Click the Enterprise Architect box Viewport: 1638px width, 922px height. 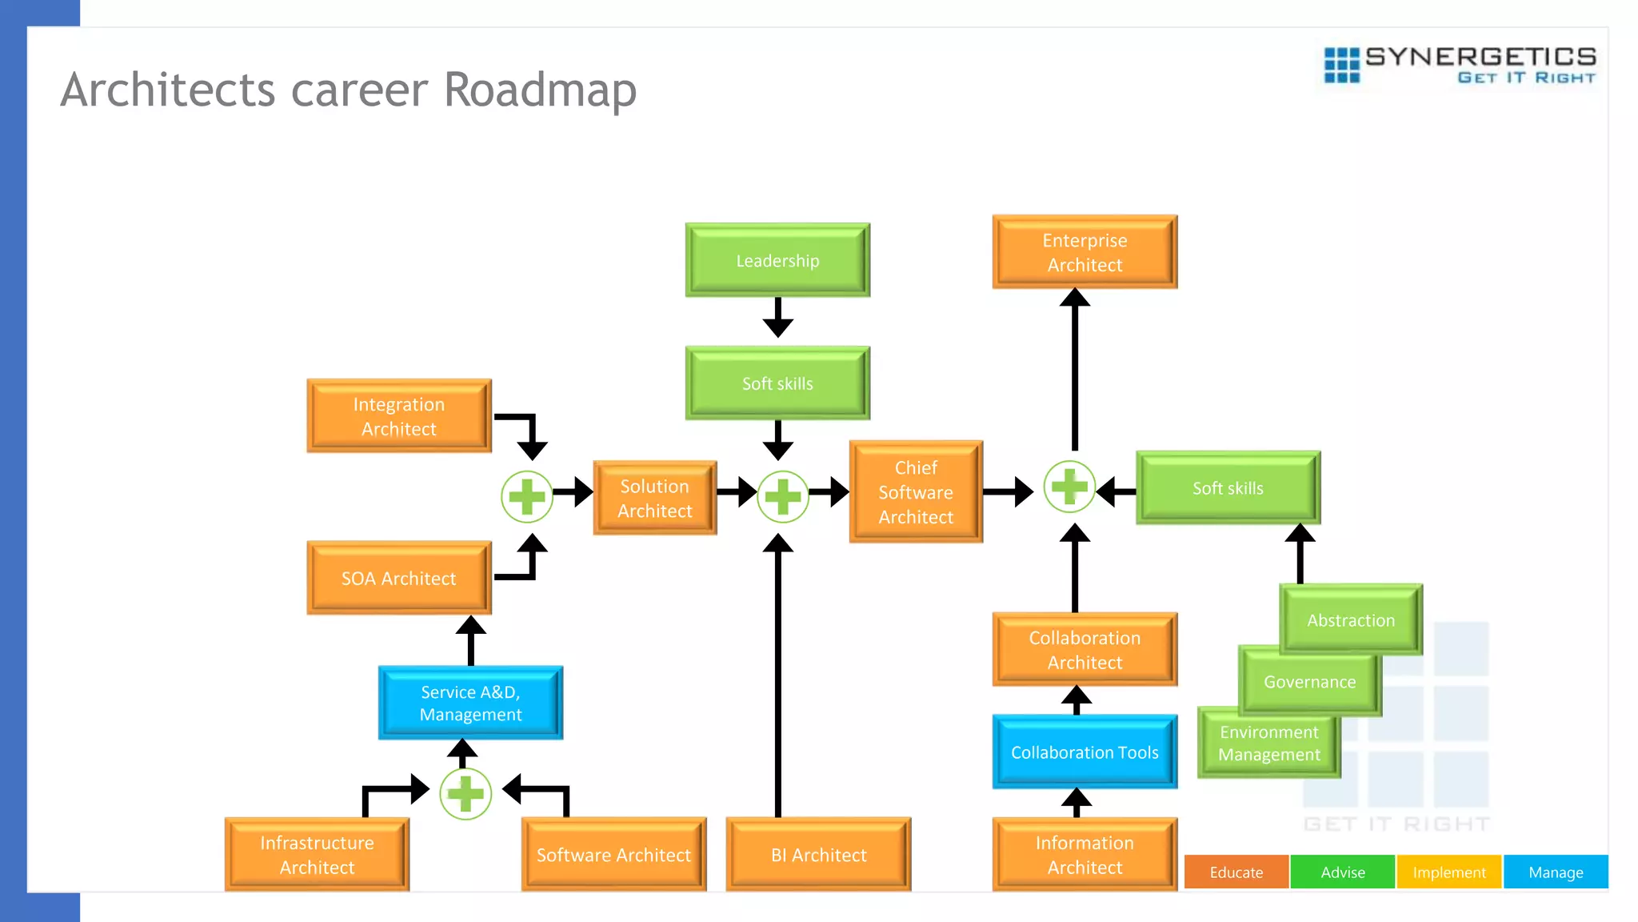(x=1085, y=252)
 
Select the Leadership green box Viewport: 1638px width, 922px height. (x=777, y=261)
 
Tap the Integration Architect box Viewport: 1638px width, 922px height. (x=398, y=416)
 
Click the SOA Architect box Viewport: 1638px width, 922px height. (x=398, y=579)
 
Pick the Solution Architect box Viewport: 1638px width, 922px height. (x=654, y=499)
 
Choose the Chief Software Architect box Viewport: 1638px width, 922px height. (x=916, y=492)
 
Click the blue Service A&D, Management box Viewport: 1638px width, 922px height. (x=470, y=704)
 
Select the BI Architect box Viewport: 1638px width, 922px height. (x=818, y=855)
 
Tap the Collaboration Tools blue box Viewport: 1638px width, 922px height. (x=1085, y=752)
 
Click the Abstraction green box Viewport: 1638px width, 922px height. (x=1351, y=620)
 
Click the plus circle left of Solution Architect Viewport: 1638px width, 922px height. (x=527, y=497)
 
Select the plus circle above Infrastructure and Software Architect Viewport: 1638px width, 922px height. (x=465, y=794)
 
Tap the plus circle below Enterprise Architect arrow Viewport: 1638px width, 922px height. (x=1069, y=487)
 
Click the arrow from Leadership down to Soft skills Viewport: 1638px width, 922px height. (x=777, y=318)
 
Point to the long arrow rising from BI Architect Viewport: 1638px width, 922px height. (x=777, y=680)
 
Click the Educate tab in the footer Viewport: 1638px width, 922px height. (x=1236, y=872)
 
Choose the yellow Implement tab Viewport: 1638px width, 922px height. (x=1448, y=872)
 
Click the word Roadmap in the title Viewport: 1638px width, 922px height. (x=540, y=90)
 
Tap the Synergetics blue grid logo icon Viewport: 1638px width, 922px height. (x=1341, y=65)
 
